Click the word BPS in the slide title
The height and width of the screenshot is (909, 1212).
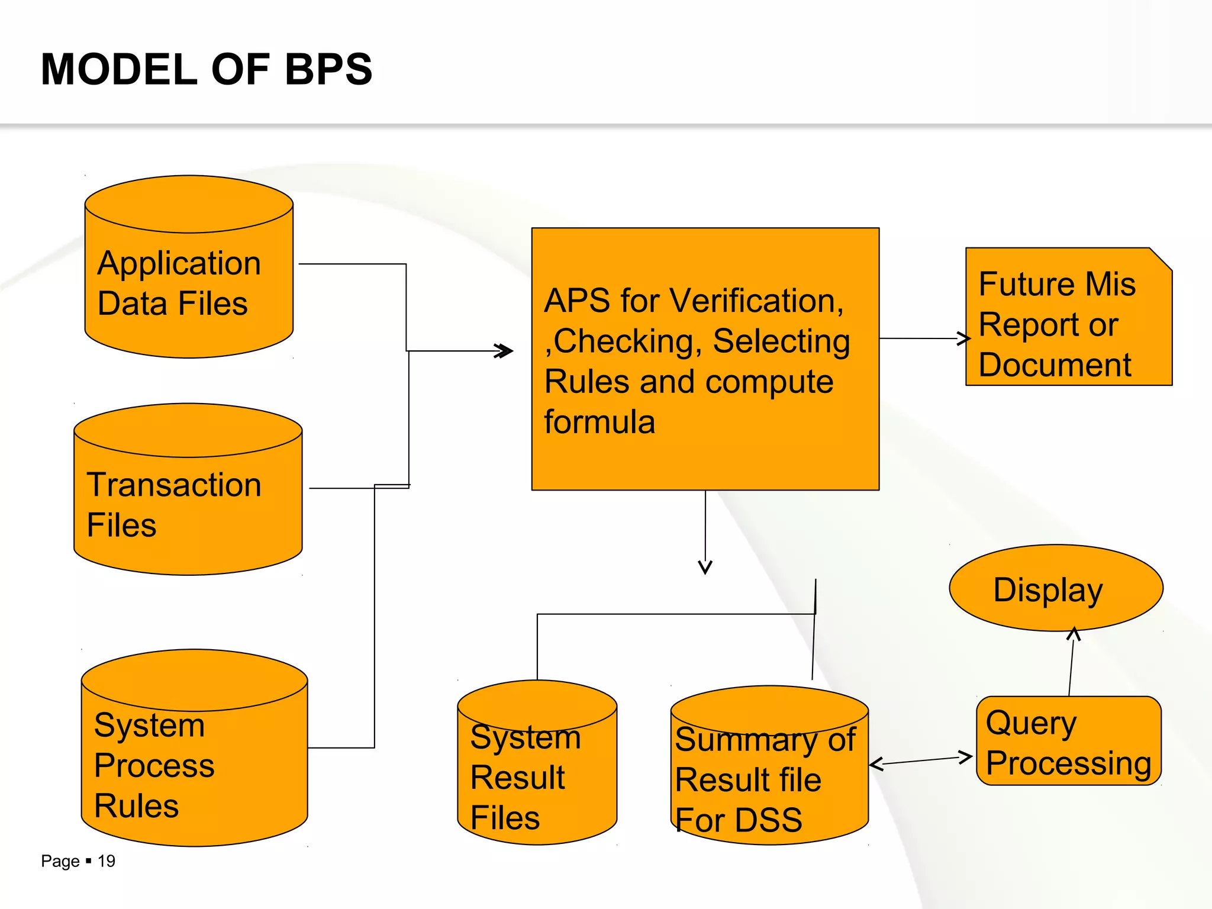[328, 70]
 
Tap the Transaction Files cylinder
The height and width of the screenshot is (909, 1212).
[188, 503]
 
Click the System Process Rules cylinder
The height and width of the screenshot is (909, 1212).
[194, 763]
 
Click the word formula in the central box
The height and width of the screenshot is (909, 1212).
[599, 422]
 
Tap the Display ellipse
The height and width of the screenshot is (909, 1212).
[1056, 588]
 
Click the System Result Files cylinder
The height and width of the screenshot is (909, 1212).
[537, 775]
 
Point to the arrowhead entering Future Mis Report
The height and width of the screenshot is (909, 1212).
[964, 339]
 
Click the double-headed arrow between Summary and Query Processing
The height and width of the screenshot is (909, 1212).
[920, 760]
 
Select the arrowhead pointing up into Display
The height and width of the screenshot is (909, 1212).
[1074, 634]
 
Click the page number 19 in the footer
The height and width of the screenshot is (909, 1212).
[107, 861]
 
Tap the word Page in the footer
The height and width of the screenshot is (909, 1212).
[60, 862]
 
